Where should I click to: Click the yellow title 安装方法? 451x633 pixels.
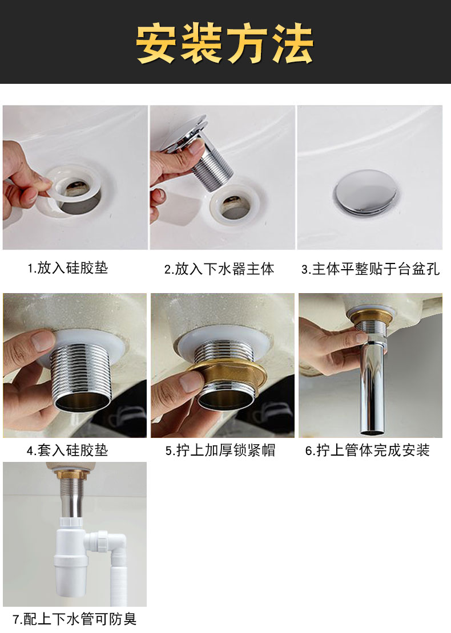[225, 43]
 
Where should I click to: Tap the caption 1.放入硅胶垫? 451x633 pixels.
[68, 267]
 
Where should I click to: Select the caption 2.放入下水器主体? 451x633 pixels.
[219, 269]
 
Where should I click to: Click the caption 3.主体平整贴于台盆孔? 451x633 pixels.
[370, 269]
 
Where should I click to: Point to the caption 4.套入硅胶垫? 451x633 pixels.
[68, 450]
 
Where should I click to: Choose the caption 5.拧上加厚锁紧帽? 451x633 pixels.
[220, 450]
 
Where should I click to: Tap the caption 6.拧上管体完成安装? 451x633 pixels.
[367, 450]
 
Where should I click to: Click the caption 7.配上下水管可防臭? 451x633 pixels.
[74, 619]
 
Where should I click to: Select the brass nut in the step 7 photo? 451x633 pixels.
[73, 474]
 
